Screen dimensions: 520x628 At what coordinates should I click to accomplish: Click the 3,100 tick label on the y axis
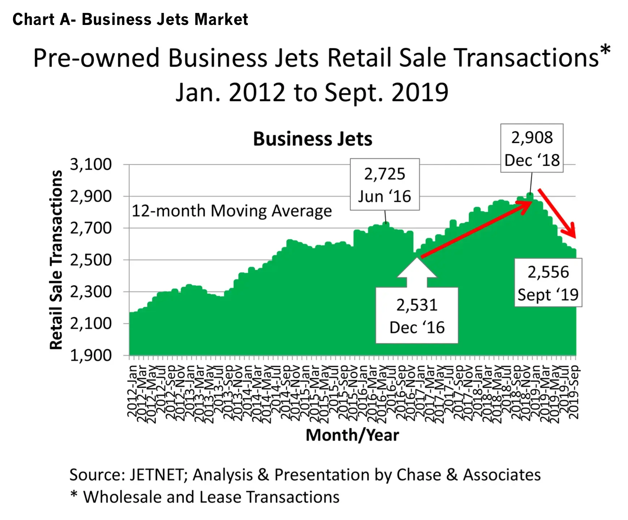click(91, 165)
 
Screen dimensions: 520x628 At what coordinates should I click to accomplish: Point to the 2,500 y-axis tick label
click(91, 260)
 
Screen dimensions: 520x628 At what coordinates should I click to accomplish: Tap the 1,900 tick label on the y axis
click(91, 355)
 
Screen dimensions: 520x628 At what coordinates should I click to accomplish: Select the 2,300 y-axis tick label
click(91, 292)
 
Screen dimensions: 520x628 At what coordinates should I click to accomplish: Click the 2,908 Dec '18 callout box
click(532, 148)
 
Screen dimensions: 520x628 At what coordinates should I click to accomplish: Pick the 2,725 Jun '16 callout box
click(384, 184)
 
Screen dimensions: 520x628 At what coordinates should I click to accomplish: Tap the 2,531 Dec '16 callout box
click(417, 315)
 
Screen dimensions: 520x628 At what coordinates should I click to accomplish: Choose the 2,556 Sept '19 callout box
click(548, 283)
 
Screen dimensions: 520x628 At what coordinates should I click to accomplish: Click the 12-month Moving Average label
click(232, 211)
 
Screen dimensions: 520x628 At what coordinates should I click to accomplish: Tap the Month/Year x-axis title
click(352, 435)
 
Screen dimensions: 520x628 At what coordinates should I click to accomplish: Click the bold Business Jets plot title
click(313, 139)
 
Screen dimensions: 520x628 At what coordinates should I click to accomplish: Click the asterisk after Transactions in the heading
click(605, 51)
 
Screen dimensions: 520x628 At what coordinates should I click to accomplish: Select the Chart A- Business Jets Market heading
click(130, 20)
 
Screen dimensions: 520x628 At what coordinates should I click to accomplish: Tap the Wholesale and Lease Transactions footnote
click(211, 497)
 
